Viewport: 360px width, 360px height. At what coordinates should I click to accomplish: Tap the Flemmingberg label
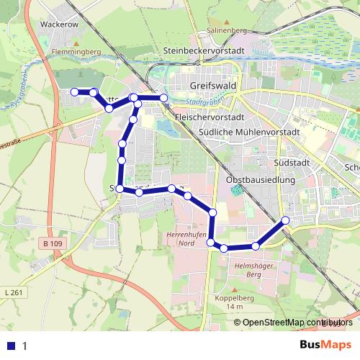(76, 52)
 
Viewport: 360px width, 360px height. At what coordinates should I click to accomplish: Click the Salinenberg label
(227, 31)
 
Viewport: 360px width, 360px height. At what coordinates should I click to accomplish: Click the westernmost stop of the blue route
(74, 91)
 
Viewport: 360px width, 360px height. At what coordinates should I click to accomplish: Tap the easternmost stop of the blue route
(286, 220)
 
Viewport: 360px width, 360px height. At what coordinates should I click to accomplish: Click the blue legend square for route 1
(11, 346)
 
